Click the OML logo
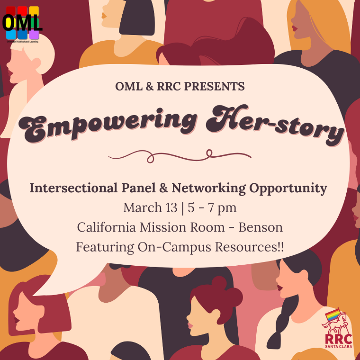[22, 23]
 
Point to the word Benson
[261, 227]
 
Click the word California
[108, 227]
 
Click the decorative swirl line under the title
[180, 154]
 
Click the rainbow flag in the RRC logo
[332, 315]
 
